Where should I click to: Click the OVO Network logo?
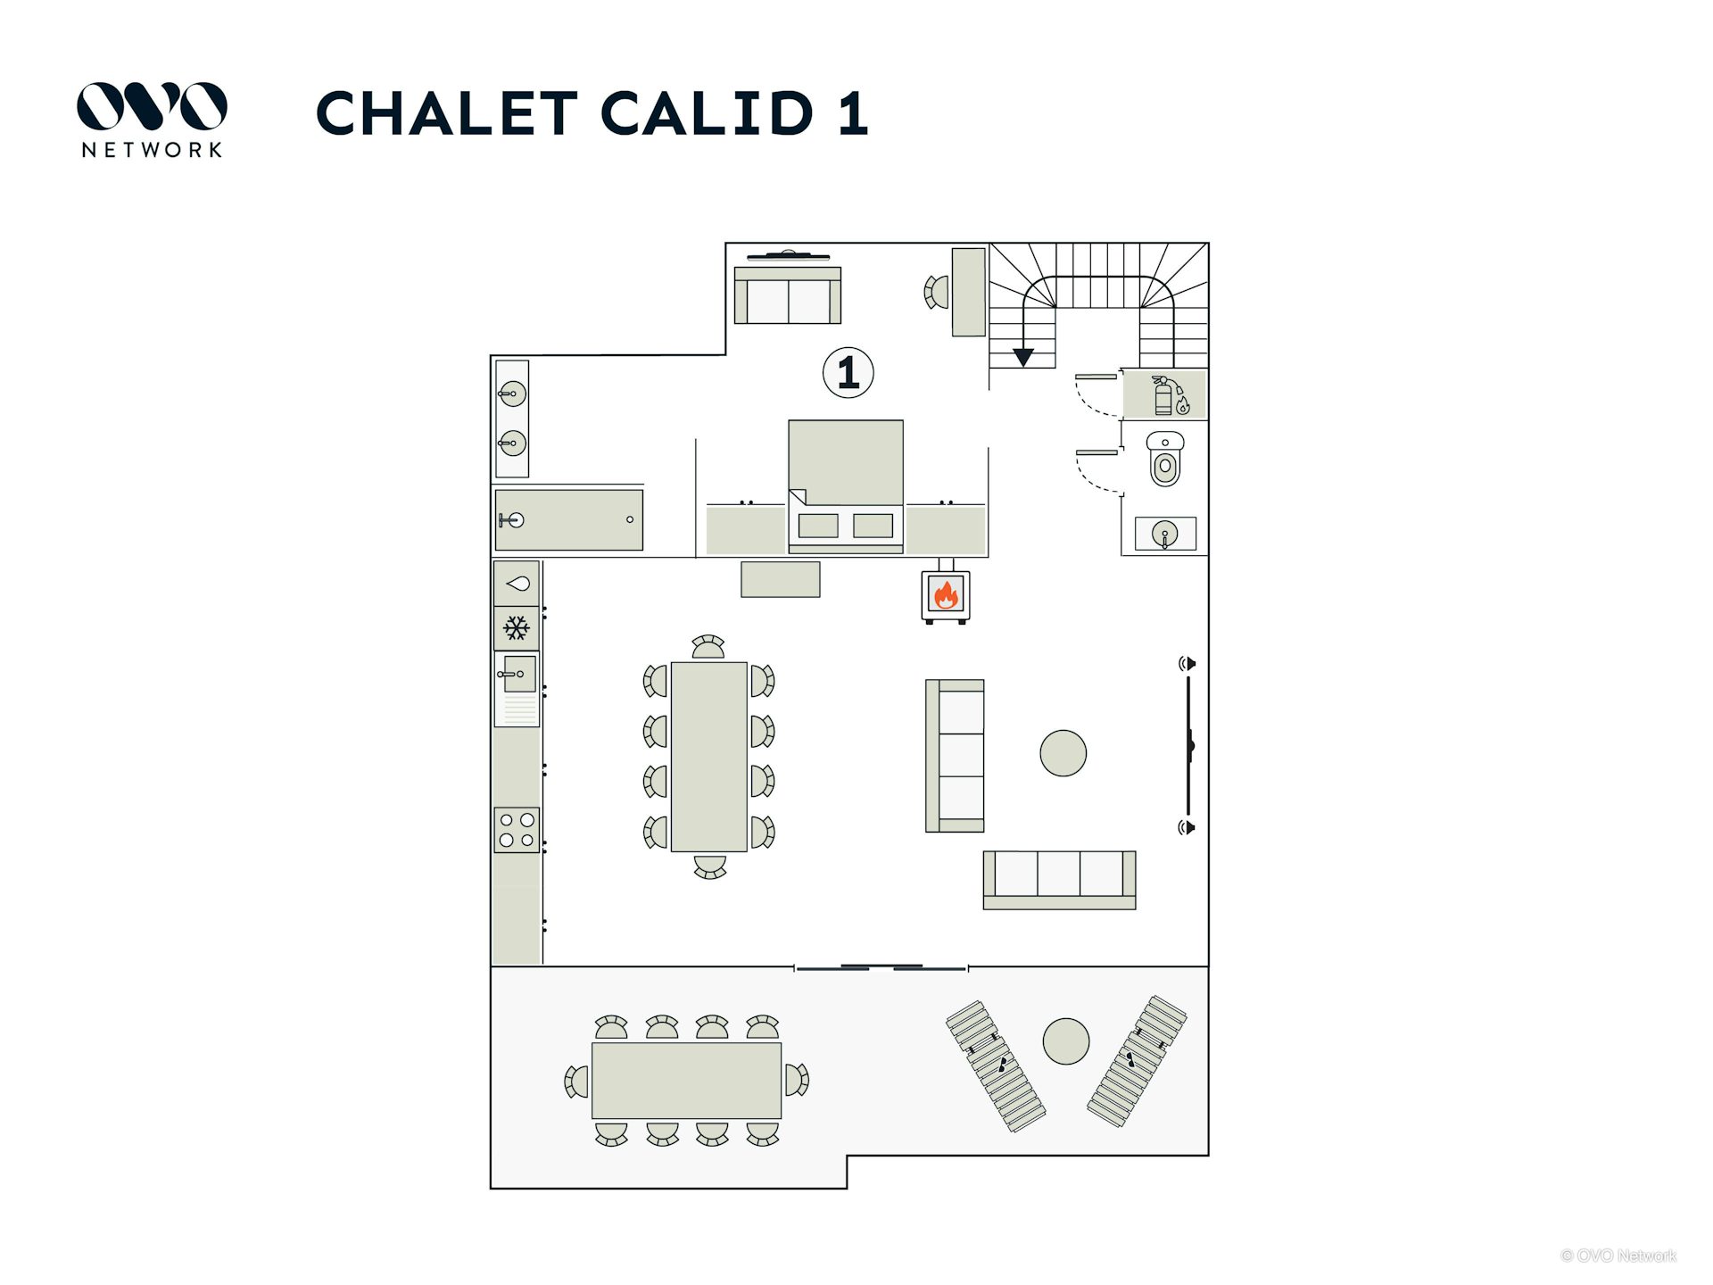[152, 120]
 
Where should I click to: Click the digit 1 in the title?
[853, 113]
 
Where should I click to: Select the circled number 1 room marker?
[848, 372]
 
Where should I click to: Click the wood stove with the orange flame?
[945, 593]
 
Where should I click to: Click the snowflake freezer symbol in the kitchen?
[516, 628]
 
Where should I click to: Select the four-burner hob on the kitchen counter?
[517, 829]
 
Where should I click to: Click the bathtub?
[568, 519]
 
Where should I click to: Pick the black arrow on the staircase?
[1022, 356]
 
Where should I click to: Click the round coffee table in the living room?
[1063, 753]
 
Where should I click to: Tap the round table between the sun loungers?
[1065, 1040]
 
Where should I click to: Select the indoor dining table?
[708, 757]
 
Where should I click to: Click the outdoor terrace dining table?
[686, 1081]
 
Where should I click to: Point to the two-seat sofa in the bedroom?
[787, 296]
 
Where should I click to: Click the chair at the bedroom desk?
[936, 292]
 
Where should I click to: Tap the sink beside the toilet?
[1164, 535]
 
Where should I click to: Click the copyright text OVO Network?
[1618, 1256]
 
